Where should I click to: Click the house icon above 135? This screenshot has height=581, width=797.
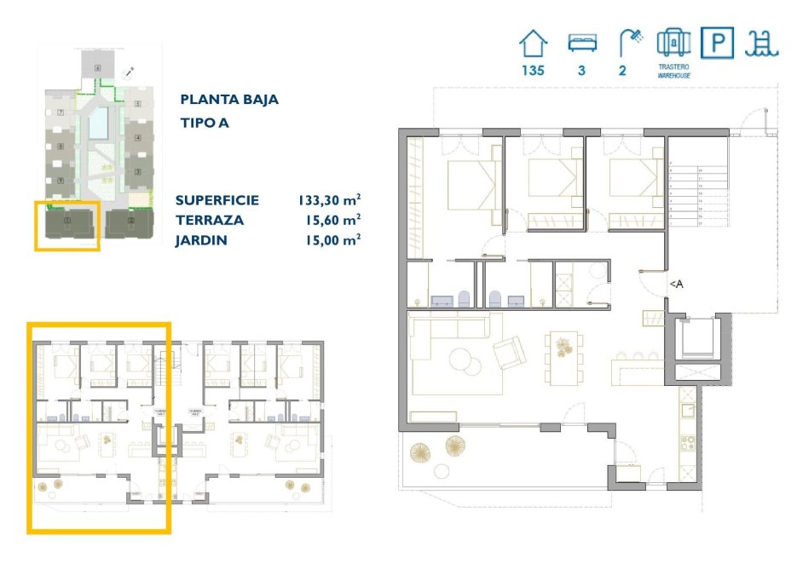coord(534,43)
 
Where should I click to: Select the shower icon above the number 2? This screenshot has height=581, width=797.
coord(630,42)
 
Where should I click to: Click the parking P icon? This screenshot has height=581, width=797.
coord(717,43)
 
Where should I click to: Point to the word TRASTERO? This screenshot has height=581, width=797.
coord(673,66)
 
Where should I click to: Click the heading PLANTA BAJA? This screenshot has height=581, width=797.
coord(228,100)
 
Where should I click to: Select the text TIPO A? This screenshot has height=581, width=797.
coord(205,123)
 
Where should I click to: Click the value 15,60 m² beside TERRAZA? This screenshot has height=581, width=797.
coord(332,220)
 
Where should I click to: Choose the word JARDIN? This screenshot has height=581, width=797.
coord(201,239)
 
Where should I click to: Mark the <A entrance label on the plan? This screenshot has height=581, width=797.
coord(675,285)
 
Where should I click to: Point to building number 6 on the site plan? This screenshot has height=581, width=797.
coord(98,67)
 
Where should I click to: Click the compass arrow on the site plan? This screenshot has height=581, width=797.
coord(128,74)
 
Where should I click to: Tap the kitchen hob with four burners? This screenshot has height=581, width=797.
coord(684,444)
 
